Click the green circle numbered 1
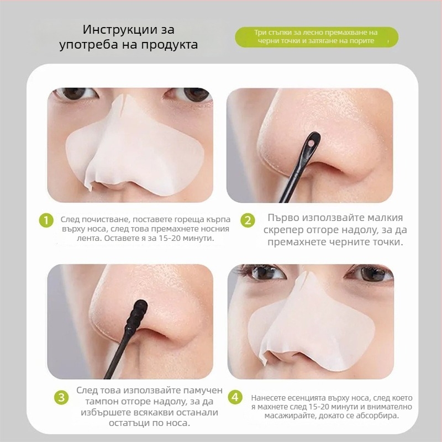[x=46, y=220]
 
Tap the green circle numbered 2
[x=248, y=220]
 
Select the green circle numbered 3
[x=61, y=397]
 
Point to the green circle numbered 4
[x=235, y=397]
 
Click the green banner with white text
[x=317, y=37]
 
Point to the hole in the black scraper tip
[x=311, y=144]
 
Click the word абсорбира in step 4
[x=377, y=415]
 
